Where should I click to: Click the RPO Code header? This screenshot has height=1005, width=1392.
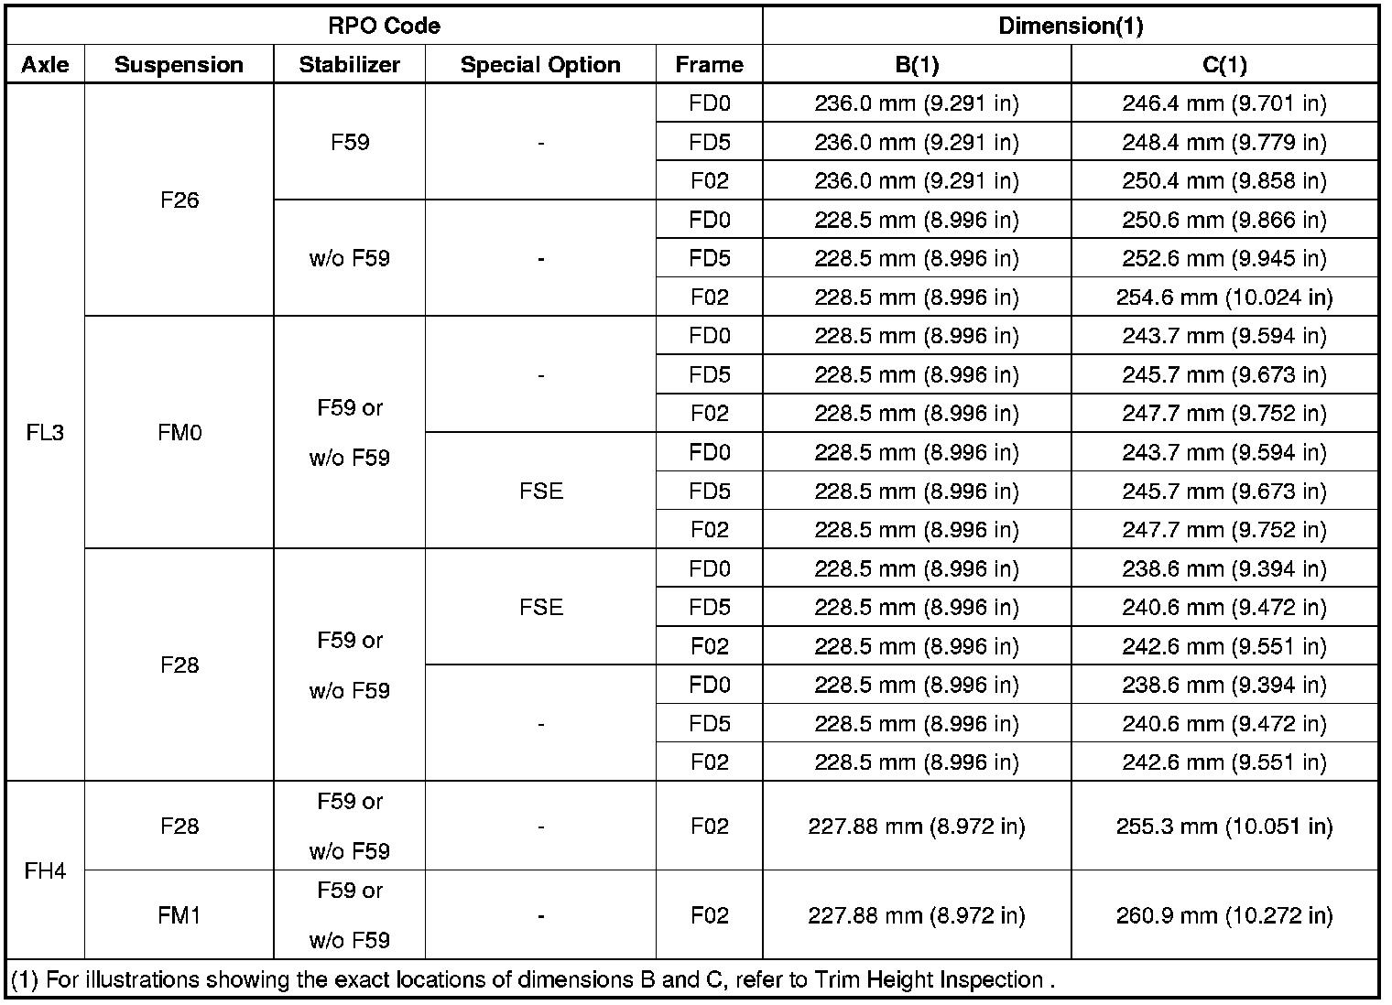(x=384, y=26)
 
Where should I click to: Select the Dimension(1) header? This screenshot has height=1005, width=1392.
(x=1070, y=26)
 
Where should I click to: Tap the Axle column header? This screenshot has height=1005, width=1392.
(x=45, y=65)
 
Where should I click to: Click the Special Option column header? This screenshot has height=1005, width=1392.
(x=540, y=65)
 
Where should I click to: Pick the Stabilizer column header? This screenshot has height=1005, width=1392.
(x=349, y=65)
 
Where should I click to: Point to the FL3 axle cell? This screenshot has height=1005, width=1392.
(x=45, y=432)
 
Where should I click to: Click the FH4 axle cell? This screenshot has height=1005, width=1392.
(x=45, y=870)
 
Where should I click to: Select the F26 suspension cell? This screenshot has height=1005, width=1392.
(x=179, y=200)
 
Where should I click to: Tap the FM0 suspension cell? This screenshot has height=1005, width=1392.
(x=179, y=432)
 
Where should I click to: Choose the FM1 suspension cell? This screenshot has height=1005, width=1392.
(x=179, y=915)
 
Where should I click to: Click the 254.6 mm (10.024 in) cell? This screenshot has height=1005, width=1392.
(x=1223, y=297)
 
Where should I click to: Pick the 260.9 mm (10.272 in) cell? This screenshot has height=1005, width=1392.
(x=1223, y=915)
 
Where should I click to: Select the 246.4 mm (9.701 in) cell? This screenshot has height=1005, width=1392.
(x=1223, y=103)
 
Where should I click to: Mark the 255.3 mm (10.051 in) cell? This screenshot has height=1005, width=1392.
(x=1223, y=827)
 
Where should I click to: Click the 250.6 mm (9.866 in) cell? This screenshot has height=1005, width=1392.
(x=1223, y=220)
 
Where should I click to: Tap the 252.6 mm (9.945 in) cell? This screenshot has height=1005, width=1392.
(x=1223, y=259)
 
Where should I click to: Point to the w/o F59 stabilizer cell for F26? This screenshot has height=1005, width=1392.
(x=349, y=259)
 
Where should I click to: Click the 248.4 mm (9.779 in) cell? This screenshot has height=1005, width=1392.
(x=1223, y=143)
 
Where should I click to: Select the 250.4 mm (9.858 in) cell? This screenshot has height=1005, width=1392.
(x=1223, y=181)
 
